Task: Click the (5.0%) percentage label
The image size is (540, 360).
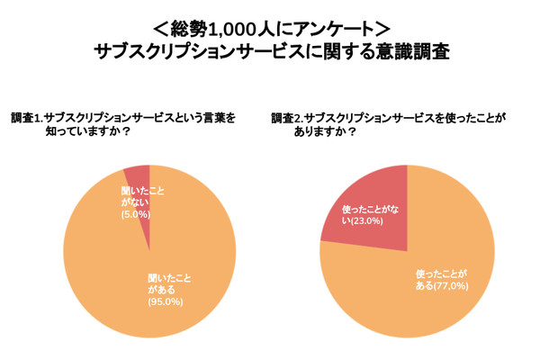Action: [x=136, y=214]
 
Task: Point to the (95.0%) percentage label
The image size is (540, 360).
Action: [x=166, y=301]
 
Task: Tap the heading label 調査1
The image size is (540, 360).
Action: [x=26, y=118]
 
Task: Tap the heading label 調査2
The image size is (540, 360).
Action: [x=286, y=118]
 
